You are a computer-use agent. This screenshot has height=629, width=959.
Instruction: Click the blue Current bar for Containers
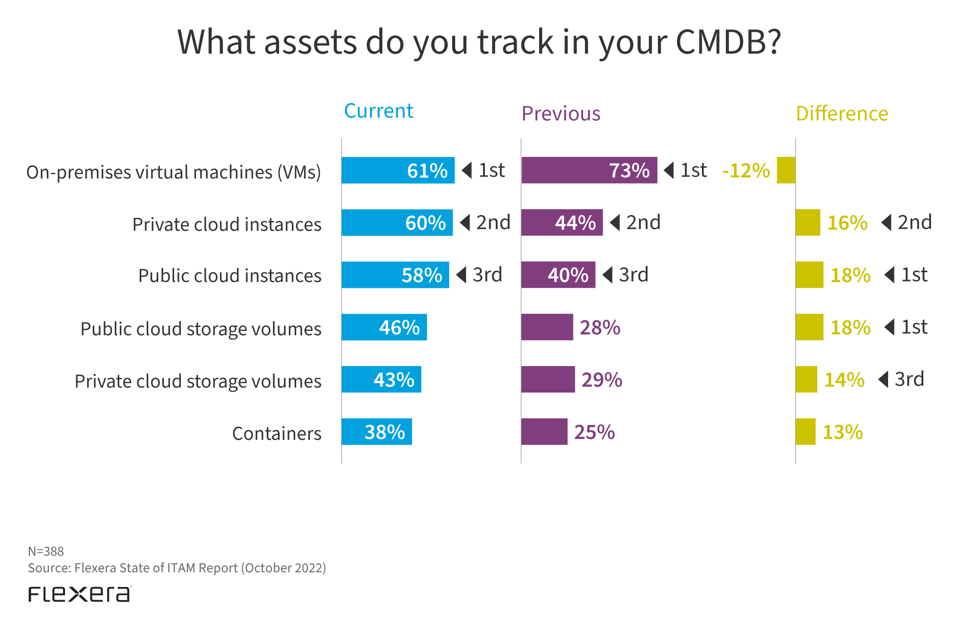coord(376,432)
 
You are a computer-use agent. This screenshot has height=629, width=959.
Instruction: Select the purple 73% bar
coord(589,170)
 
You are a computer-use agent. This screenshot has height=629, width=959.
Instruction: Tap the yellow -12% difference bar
coord(786,170)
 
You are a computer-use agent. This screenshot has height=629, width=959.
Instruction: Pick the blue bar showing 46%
coord(384,327)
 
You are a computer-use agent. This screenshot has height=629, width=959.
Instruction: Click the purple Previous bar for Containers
coord(544,432)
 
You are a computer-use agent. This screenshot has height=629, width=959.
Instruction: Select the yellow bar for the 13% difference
coord(805,432)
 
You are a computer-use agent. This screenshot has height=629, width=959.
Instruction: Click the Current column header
coord(378,111)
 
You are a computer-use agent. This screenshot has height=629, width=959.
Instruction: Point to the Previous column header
coord(561,113)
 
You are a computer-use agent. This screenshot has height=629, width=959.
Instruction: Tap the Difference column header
coord(842,113)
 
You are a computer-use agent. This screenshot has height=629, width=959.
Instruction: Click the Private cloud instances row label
coord(227,224)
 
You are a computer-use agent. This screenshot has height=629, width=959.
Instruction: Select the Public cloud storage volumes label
coord(201,329)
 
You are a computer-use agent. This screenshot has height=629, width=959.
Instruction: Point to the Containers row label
coord(277,434)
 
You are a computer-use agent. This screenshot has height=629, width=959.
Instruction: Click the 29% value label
coord(602,380)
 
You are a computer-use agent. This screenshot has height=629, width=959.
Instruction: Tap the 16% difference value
coord(847,223)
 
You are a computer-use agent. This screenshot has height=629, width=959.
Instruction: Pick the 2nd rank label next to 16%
coord(915,222)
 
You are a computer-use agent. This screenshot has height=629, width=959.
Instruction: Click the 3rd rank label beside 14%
coord(909,379)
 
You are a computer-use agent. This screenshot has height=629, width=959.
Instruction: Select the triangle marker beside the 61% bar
coord(467,170)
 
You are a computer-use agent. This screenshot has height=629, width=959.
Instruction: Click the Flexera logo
coord(80,594)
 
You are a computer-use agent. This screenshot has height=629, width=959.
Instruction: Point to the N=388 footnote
coord(46,551)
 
